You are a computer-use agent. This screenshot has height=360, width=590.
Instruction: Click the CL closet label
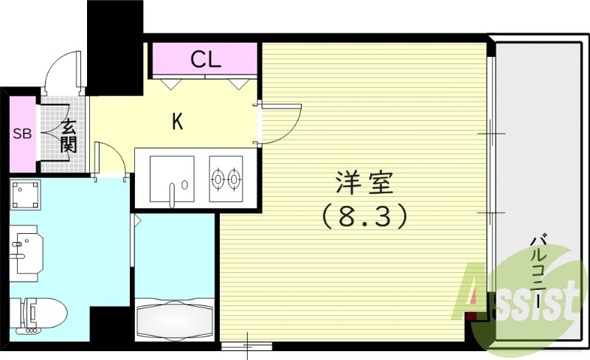point(206,60)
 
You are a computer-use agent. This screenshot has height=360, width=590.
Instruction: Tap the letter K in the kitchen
point(177,121)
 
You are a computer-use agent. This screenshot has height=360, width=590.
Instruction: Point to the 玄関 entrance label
point(68,135)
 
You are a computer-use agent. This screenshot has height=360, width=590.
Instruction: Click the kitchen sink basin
point(173,177)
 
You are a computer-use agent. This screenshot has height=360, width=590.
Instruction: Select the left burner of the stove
point(218,178)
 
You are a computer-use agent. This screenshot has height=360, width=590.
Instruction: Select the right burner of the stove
point(235,178)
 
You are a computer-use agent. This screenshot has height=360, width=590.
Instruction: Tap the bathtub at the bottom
point(176,319)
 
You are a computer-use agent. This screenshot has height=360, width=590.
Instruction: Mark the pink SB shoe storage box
point(22,134)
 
